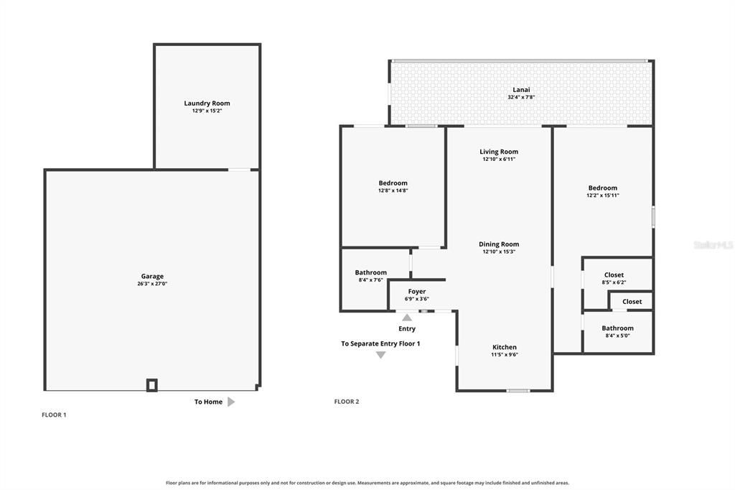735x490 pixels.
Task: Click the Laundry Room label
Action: click(x=207, y=103)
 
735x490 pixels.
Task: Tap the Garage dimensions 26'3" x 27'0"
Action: click(x=152, y=284)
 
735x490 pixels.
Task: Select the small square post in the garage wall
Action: click(x=152, y=385)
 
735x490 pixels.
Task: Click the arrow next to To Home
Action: click(x=231, y=402)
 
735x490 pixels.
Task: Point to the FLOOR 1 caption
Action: click(x=54, y=415)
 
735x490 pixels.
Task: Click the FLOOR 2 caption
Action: click(x=347, y=402)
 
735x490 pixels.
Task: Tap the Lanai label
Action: click(x=521, y=90)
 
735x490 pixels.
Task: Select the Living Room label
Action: click(x=499, y=152)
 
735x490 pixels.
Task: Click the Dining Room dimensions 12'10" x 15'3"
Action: click(x=499, y=251)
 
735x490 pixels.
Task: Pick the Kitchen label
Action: click(x=505, y=347)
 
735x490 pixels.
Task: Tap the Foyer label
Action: click(x=417, y=292)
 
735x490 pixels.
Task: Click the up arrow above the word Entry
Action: click(x=407, y=318)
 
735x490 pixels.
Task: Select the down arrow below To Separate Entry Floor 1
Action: click(x=380, y=356)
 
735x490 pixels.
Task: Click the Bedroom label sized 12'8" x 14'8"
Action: click(x=393, y=183)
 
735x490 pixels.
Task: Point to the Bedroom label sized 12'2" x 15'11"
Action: click(x=603, y=188)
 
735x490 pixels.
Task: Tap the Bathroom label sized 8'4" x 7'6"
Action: click(x=371, y=272)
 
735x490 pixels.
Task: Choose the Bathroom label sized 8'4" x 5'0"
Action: click(x=617, y=328)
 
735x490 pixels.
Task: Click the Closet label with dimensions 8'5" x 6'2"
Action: click(x=614, y=275)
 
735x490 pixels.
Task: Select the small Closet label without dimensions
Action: click(x=632, y=302)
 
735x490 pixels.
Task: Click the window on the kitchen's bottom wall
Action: click(x=518, y=391)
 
